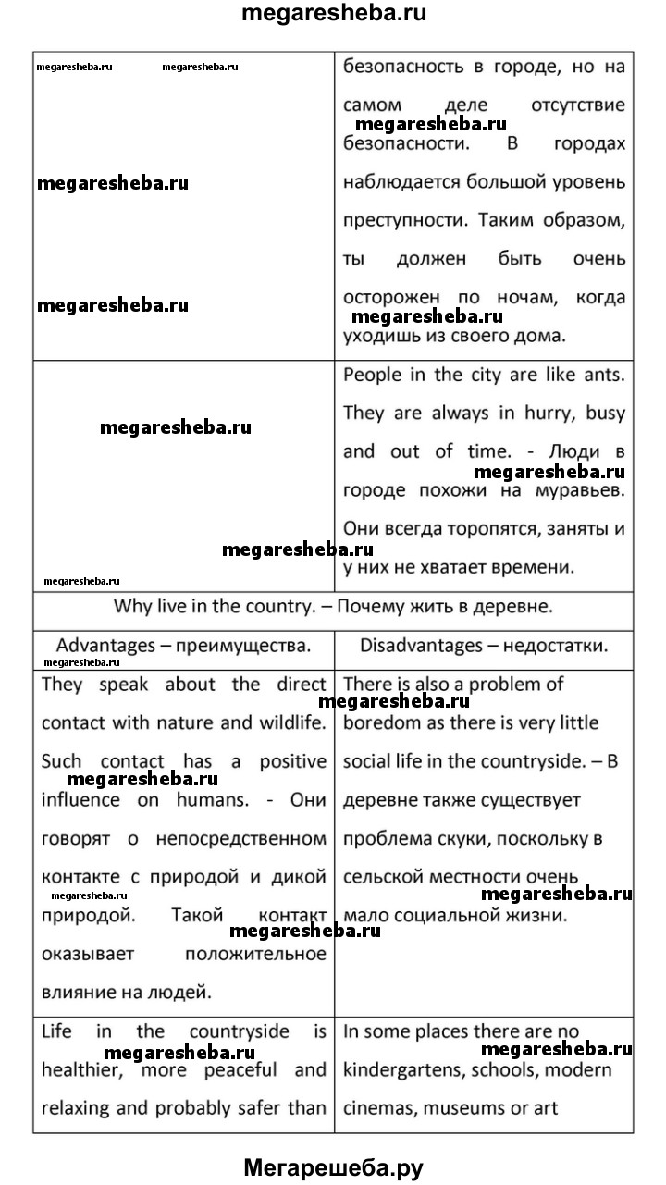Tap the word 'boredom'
(x=380, y=722)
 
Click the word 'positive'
(x=291, y=761)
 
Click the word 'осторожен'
(x=388, y=298)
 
